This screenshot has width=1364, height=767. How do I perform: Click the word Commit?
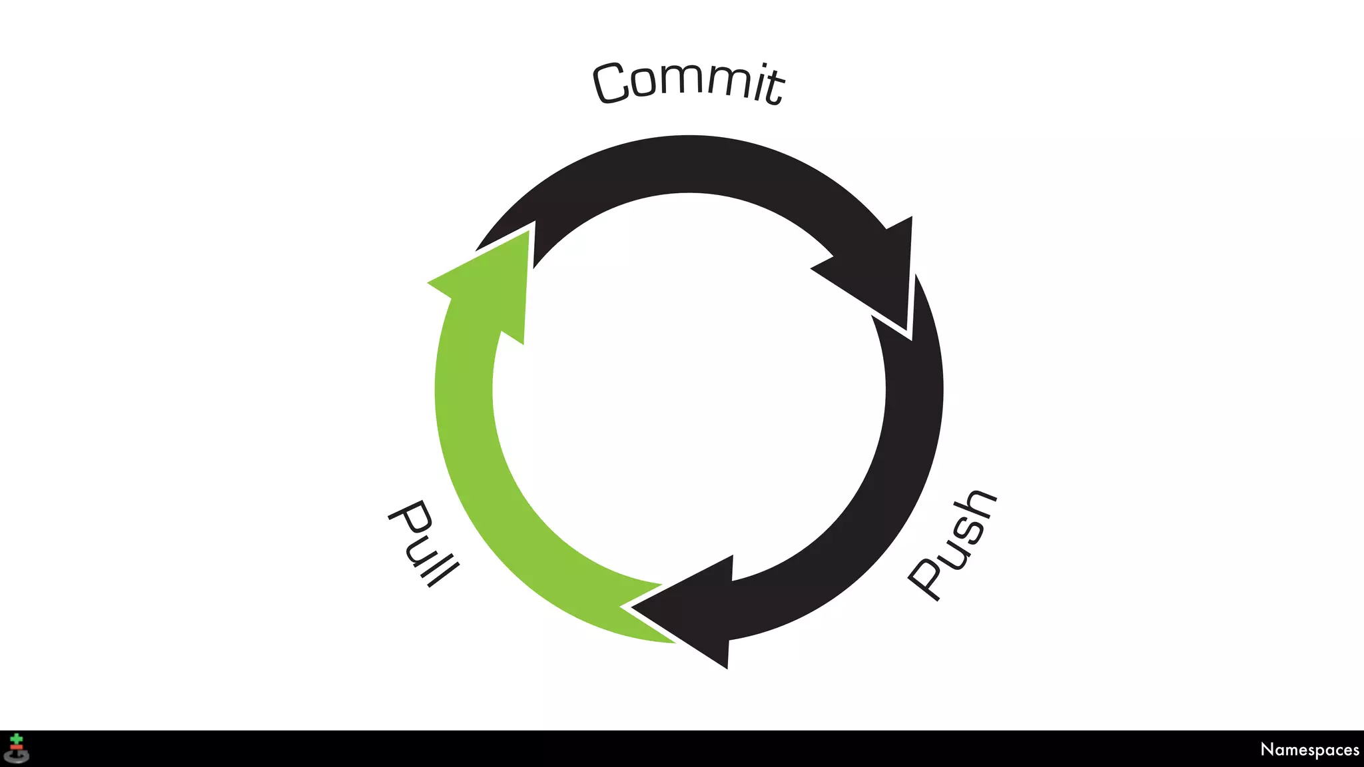689,83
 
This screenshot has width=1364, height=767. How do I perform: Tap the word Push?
952,545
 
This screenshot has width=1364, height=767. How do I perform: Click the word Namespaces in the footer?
1309,750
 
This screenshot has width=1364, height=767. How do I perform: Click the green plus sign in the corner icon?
17,739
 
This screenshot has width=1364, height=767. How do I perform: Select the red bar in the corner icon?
17,748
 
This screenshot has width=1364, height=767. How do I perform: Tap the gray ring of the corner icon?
17,758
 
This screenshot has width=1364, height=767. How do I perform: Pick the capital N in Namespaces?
1267,749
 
